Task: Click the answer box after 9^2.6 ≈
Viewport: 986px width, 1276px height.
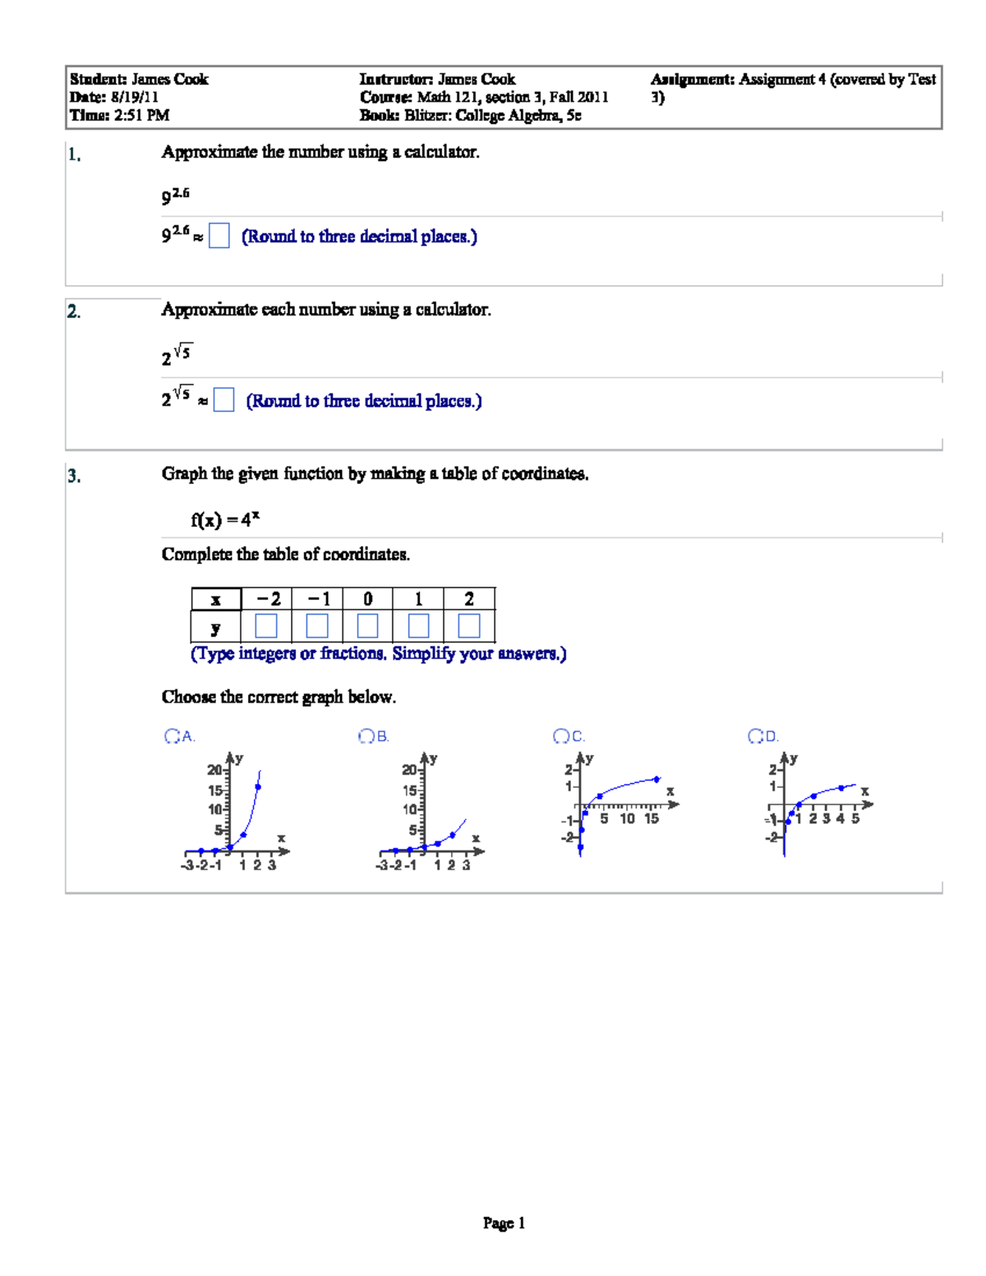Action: tap(219, 237)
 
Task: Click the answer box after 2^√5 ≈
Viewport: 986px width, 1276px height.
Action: tap(223, 400)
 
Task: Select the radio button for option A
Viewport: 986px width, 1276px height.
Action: tap(172, 736)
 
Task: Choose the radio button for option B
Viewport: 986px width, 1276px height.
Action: tap(366, 736)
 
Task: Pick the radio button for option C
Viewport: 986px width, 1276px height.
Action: tap(560, 736)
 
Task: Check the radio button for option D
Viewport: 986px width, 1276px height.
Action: tap(755, 736)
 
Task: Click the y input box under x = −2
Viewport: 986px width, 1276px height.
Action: tap(266, 626)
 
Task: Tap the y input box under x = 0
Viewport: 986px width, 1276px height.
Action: tap(367, 626)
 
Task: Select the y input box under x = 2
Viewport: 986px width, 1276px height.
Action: tap(468, 626)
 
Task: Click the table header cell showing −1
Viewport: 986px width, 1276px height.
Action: tap(317, 599)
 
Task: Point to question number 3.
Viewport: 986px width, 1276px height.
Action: tap(74, 476)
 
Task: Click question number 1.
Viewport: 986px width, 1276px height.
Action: tap(74, 154)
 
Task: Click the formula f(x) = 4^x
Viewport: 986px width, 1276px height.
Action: tap(225, 519)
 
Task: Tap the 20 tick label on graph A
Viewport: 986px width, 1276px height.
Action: tap(214, 770)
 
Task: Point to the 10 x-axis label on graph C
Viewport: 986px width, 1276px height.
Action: tap(627, 819)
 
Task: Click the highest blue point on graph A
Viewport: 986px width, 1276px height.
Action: tap(258, 787)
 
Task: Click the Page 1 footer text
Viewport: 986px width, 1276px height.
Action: tap(504, 1223)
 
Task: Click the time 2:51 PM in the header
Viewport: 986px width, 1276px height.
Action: tap(141, 115)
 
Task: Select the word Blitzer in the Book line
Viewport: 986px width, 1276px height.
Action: tap(426, 115)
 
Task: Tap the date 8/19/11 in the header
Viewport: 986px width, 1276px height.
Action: tap(135, 97)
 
